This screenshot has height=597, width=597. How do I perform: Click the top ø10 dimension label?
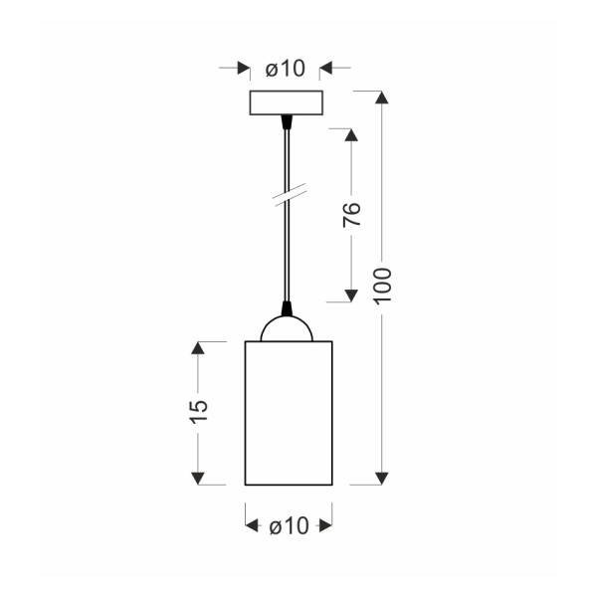pos(285,69)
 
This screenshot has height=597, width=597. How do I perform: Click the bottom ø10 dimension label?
pos(289,526)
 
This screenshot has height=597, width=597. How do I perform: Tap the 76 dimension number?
pos(351,215)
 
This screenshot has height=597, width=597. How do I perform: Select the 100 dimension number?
pos(385,287)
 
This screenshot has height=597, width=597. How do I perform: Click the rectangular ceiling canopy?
pos(289,103)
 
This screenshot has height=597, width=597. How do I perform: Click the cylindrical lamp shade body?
pos(289,413)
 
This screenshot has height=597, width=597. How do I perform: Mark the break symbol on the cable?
pos(288,195)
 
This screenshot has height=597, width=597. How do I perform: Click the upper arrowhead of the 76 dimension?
pos(351,135)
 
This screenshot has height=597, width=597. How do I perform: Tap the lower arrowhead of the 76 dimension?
pos(351,294)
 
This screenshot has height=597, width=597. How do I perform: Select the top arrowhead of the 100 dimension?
pos(381,99)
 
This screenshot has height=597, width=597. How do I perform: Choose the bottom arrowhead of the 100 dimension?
pos(381,479)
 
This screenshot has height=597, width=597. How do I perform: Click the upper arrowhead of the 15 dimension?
pos(198,348)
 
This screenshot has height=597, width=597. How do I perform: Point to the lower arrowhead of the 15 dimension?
pos(198,479)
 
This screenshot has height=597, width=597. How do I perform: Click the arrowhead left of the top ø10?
pos(243,69)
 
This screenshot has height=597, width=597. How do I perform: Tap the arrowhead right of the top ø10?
pos(326,69)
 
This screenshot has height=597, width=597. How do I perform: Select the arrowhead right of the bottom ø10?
pos(324,526)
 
